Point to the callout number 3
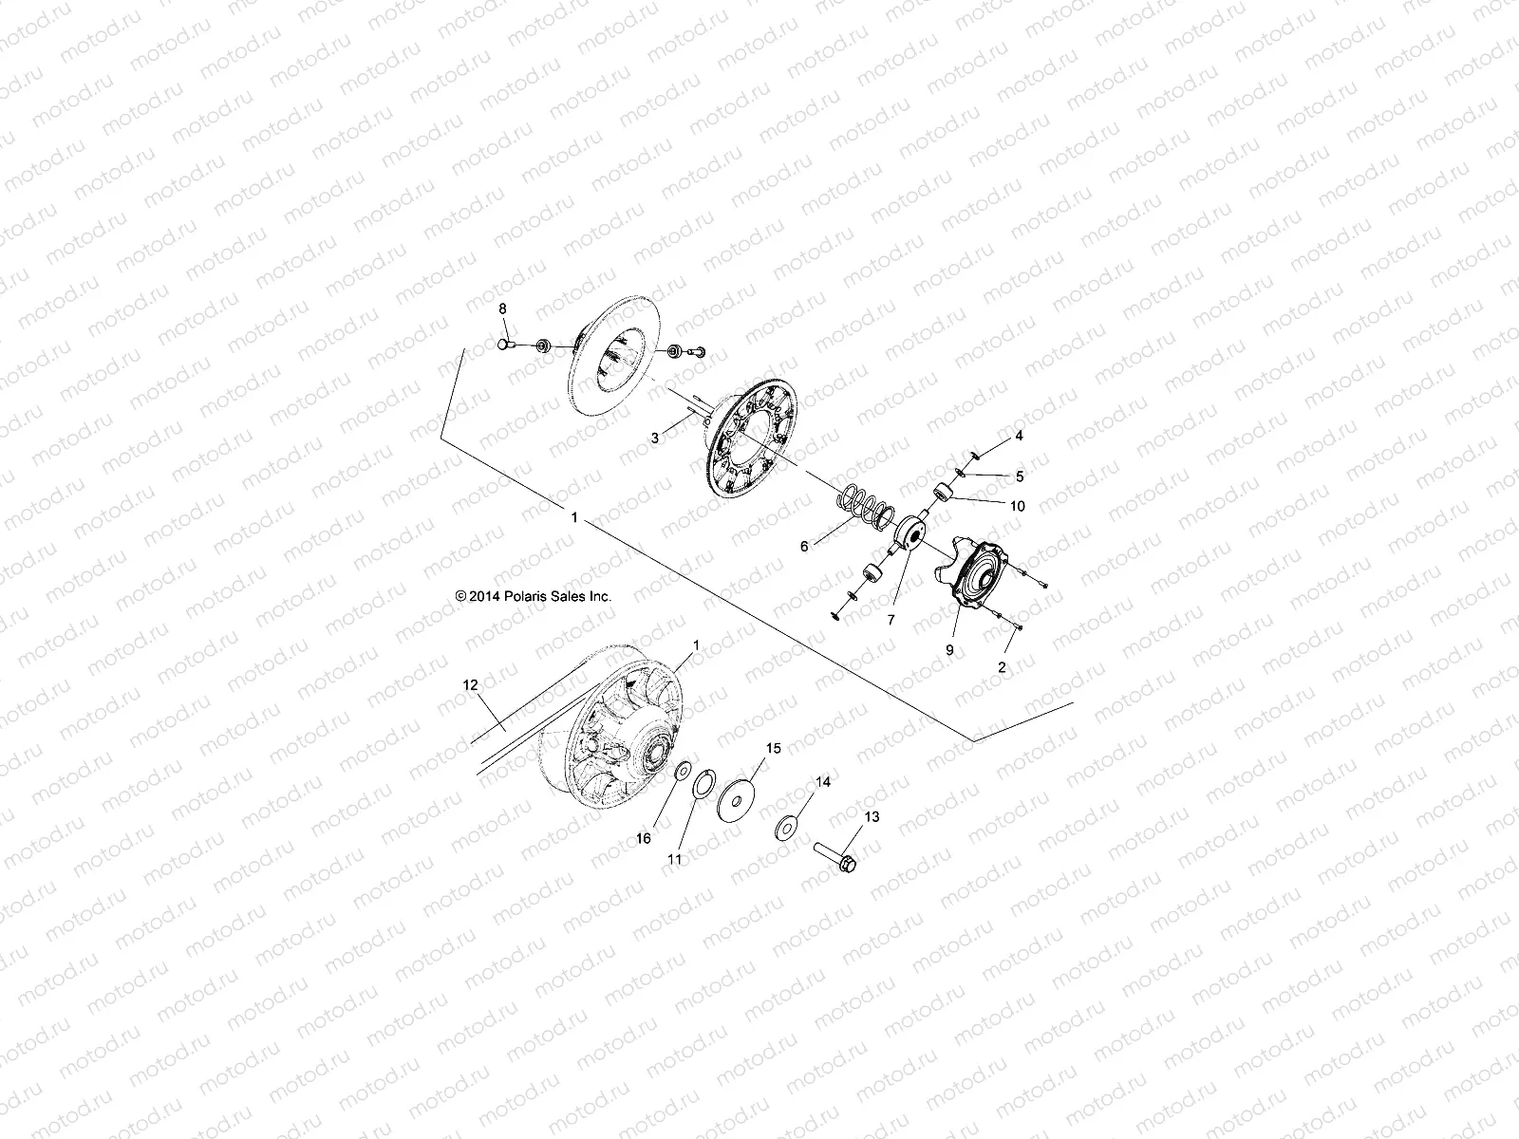[654, 439]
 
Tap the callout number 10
[1018, 507]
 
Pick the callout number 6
[804, 547]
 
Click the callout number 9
[949, 650]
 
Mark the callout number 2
[1002, 667]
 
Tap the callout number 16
[644, 838]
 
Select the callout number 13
[872, 816]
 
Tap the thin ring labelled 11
[702, 787]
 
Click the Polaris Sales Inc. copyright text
[534, 596]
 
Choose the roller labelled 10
[944, 493]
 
